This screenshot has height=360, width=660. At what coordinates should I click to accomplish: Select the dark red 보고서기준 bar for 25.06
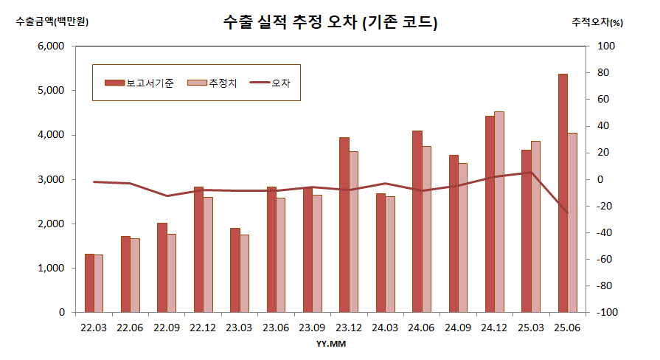(x=563, y=193)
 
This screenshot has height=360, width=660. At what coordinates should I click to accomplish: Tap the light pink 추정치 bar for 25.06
(x=572, y=223)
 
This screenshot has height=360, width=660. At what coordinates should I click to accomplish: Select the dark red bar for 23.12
(x=344, y=225)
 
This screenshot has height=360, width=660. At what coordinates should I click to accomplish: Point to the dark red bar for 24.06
(x=417, y=221)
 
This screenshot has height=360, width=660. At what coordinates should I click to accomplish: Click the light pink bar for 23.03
(x=244, y=274)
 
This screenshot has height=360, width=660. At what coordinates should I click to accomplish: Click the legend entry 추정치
(x=213, y=83)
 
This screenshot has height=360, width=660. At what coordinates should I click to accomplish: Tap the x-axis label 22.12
(x=203, y=327)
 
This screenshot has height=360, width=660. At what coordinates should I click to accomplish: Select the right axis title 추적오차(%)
(x=597, y=22)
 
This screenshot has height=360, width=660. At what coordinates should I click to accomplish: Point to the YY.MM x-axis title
(x=331, y=345)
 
